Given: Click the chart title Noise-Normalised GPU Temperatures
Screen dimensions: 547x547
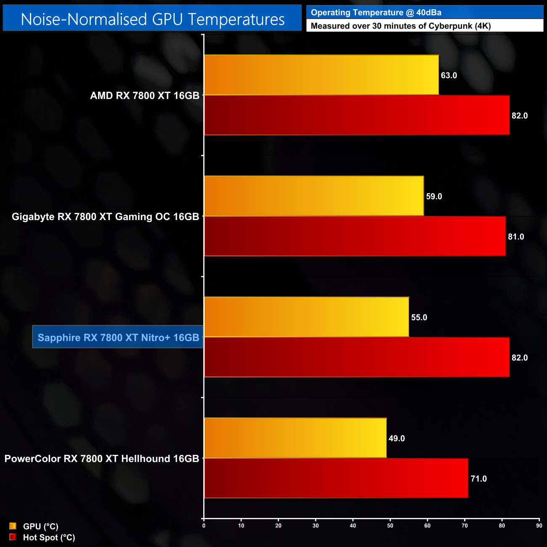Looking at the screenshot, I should click(152, 19).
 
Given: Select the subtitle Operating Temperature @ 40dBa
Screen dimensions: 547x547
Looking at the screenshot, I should click(376, 13).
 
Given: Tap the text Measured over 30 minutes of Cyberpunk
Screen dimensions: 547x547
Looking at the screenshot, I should click(400, 26).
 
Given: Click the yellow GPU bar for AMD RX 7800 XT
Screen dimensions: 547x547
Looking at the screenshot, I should click(321, 75).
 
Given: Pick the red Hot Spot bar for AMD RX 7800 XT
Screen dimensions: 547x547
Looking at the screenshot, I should click(357, 115).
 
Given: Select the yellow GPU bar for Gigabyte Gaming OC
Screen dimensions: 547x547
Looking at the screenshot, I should click(314, 196).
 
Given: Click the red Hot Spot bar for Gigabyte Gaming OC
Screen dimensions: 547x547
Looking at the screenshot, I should click(355, 236).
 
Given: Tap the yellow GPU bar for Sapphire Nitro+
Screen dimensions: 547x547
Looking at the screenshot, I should click(306, 317).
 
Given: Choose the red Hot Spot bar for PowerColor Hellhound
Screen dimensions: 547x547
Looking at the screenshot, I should click(336, 478).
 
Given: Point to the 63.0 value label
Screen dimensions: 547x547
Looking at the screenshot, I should click(449, 75).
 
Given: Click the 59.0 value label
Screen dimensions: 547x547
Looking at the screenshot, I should click(434, 196).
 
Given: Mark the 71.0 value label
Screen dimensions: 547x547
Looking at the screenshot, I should click(478, 479).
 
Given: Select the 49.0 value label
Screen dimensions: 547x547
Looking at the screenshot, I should click(396, 438).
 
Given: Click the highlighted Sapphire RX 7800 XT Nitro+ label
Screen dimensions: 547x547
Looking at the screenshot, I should click(118, 337).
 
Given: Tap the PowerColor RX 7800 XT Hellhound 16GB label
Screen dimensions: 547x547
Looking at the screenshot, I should click(102, 459).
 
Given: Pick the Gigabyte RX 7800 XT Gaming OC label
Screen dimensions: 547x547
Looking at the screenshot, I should click(105, 217).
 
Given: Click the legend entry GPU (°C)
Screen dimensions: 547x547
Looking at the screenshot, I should click(40, 526).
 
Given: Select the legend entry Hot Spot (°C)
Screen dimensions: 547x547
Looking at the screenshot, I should click(49, 537).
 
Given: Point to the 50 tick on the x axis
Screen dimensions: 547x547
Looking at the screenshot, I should click(390, 526).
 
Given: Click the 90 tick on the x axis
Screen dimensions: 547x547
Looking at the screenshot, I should click(539, 526).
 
